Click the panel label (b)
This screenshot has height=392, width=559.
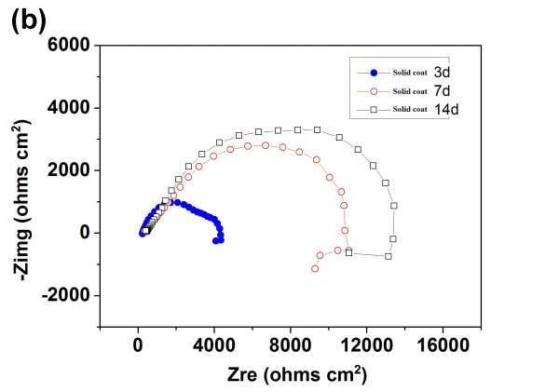29,21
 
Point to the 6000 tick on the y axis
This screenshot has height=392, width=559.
71,45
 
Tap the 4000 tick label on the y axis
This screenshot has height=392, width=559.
71,108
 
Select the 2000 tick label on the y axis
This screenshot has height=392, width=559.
71,170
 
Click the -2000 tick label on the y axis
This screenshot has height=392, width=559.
68,296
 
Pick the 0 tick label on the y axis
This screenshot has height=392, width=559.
84,233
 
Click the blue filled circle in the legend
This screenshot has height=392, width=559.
375,72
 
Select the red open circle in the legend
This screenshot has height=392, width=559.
375,91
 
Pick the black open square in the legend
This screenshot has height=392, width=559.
375,111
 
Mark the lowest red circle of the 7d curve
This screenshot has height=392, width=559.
315,269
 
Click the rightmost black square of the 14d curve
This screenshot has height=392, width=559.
394,206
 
